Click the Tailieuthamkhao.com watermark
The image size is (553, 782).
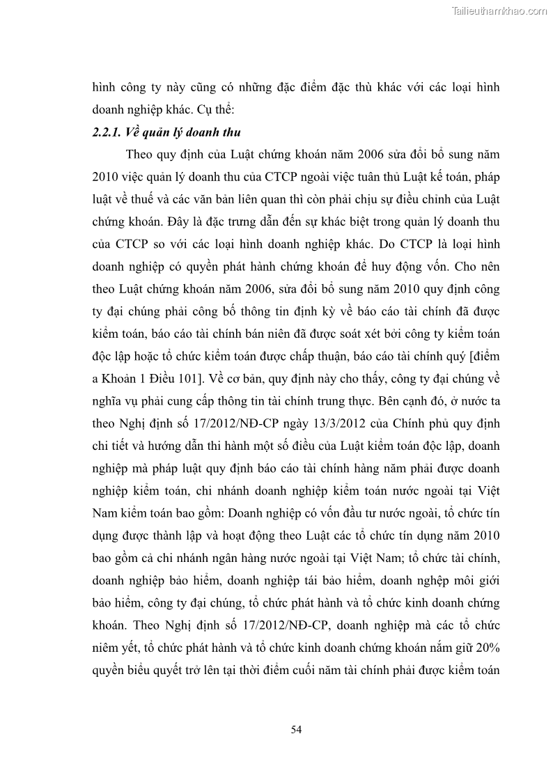(499, 10)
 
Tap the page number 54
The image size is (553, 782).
(295, 729)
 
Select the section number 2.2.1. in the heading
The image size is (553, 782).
(109, 133)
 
